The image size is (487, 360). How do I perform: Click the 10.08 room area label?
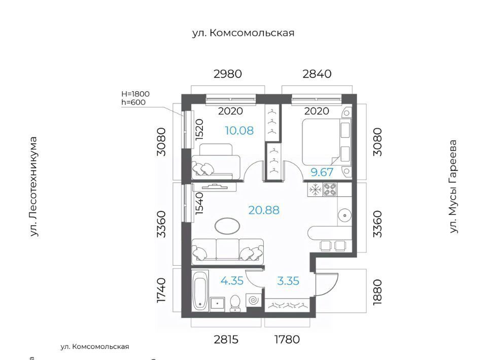tap(239, 131)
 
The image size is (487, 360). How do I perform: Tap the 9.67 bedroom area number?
tap(322, 172)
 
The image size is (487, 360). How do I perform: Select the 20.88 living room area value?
tap(264, 210)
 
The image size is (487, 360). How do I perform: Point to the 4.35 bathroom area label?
tap(232, 281)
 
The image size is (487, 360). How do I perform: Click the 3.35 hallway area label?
tap(288, 281)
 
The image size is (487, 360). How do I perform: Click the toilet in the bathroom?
tap(235, 303)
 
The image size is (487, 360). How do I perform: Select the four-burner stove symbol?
tap(330, 190)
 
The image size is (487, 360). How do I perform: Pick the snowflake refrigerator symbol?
tap(315, 190)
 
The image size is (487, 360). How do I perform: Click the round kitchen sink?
tap(344, 215)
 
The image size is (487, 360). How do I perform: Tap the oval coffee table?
tap(227, 226)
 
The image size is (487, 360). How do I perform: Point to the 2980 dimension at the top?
tap(228, 74)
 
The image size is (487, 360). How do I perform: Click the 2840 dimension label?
tap(317, 74)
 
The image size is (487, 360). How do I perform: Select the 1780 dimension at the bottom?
tap(287, 340)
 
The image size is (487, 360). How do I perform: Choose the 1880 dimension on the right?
tap(377, 292)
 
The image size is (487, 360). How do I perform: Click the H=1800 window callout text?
tap(135, 94)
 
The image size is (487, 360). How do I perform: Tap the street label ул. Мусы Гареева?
tap(454, 187)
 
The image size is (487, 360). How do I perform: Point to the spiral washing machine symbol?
tap(253, 300)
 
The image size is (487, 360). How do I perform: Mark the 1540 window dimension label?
tap(199, 204)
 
